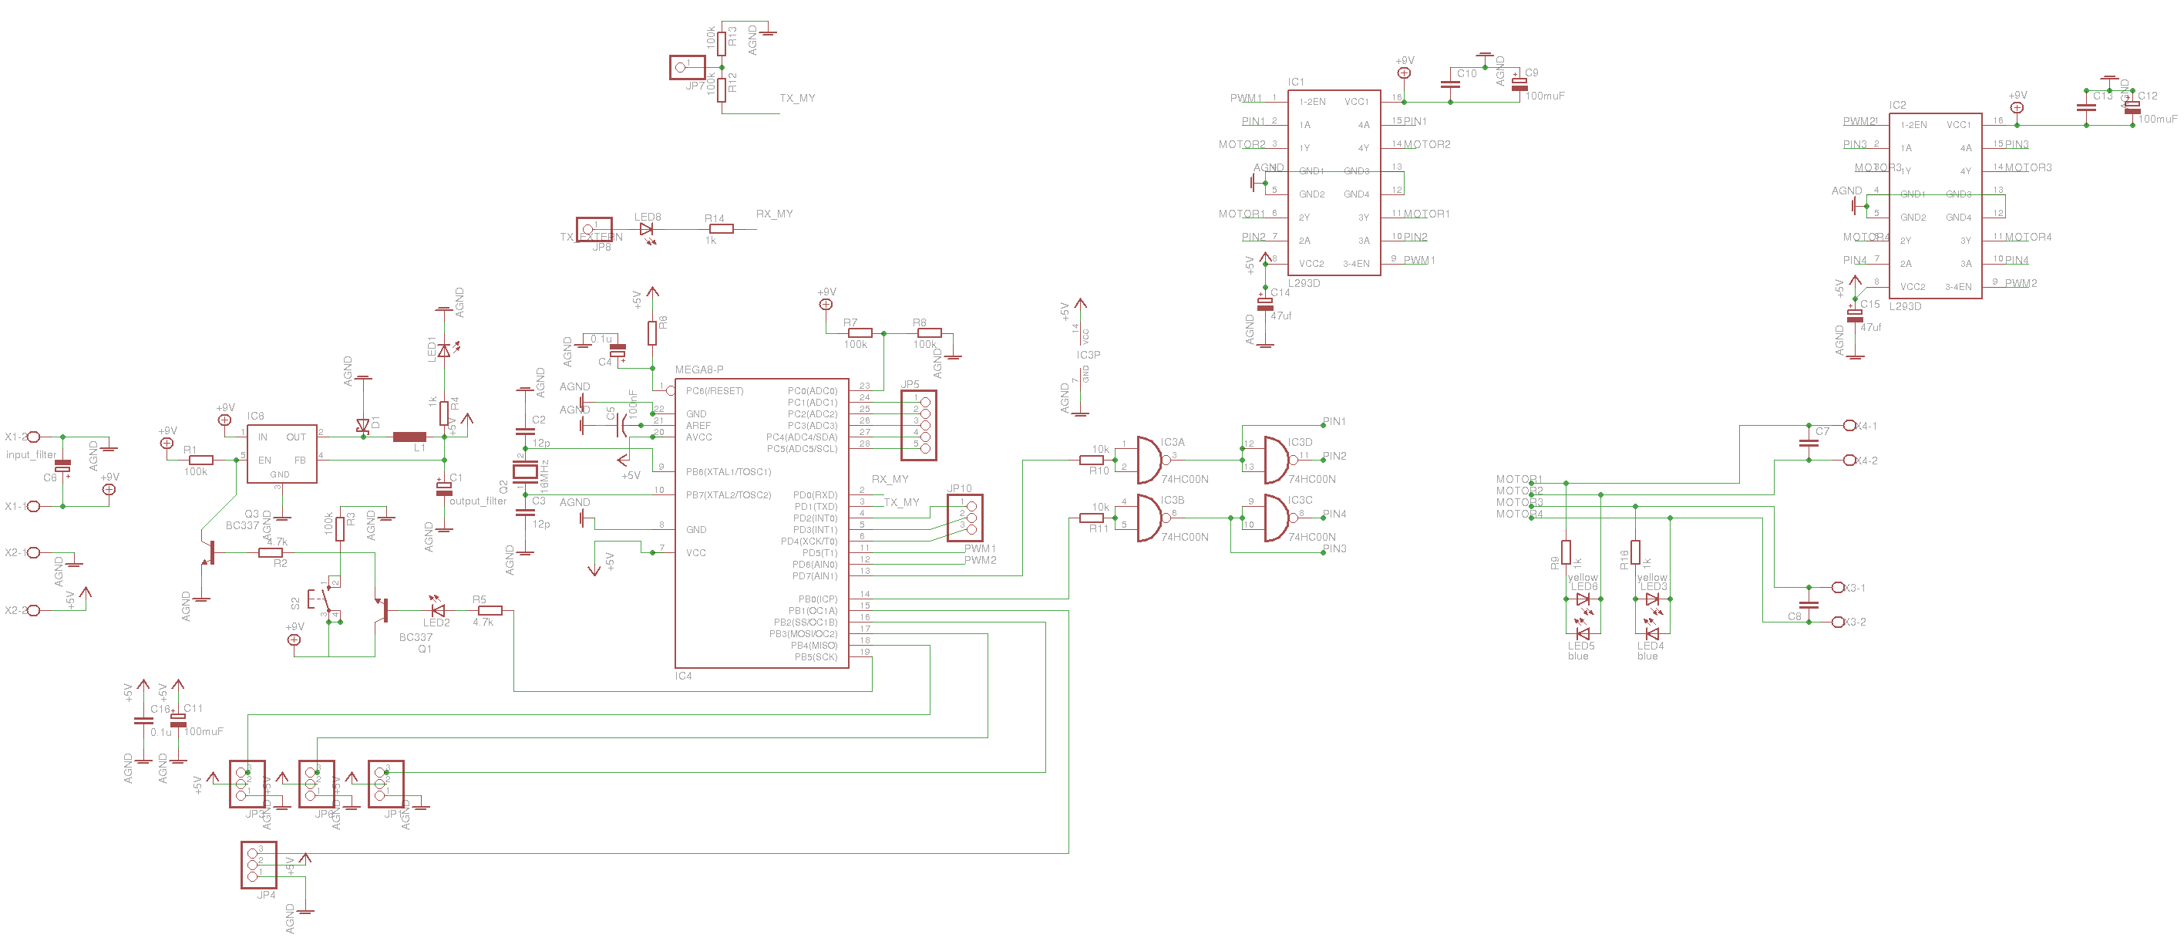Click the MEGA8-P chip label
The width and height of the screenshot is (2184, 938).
pyautogui.click(x=698, y=369)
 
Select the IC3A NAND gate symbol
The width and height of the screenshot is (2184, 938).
pyautogui.click(x=1149, y=460)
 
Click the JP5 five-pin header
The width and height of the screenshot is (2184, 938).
pyautogui.click(x=919, y=426)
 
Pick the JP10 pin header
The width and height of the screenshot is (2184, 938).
pyautogui.click(x=965, y=518)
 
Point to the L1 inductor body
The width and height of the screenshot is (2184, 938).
pyautogui.click(x=409, y=437)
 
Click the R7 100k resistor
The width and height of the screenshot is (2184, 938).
pyautogui.click(x=859, y=332)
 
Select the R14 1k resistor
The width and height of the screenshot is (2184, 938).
pyautogui.click(x=721, y=229)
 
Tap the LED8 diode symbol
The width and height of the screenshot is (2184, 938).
pyautogui.click(x=646, y=229)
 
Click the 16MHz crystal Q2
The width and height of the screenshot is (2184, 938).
pyautogui.click(x=526, y=471)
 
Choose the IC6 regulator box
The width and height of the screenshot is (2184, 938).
pyautogui.click(x=281, y=454)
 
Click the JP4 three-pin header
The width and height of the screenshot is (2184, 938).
pyautogui.click(x=258, y=864)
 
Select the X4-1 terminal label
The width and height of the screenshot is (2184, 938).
pyautogui.click(x=1866, y=427)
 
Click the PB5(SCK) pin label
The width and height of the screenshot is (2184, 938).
pyautogui.click(x=815, y=657)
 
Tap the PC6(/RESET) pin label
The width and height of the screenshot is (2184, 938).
pyautogui.click(x=714, y=391)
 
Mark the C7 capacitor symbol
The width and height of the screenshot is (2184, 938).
pyautogui.click(x=1809, y=443)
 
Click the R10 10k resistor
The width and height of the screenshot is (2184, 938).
pyautogui.click(x=1091, y=460)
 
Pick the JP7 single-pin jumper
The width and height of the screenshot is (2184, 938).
pyautogui.click(x=687, y=67)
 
